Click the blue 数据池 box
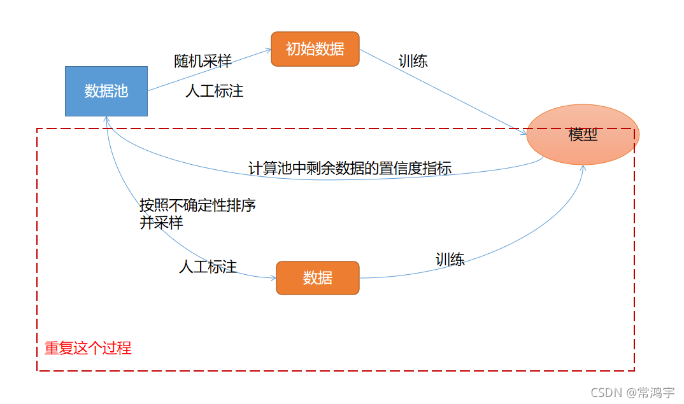point(106,91)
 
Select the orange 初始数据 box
point(315,49)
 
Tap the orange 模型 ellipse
point(583,135)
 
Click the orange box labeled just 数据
point(317,278)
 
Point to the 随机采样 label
point(203,61)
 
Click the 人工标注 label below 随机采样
point(214,91)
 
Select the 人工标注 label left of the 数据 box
point(208,267)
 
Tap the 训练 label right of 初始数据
point(413,61)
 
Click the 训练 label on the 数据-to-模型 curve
point(450,259)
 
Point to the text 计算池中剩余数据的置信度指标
point(350,169)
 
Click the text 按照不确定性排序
point(197,205)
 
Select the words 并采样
point(161,223)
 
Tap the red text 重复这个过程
point(88,349)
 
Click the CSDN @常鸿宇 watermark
point(632,392)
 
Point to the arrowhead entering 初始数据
point(268,51)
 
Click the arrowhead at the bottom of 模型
point(582,167)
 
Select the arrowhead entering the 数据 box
point(273,278)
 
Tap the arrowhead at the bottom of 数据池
point(106,119)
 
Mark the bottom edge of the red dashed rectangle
point(336,370)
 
